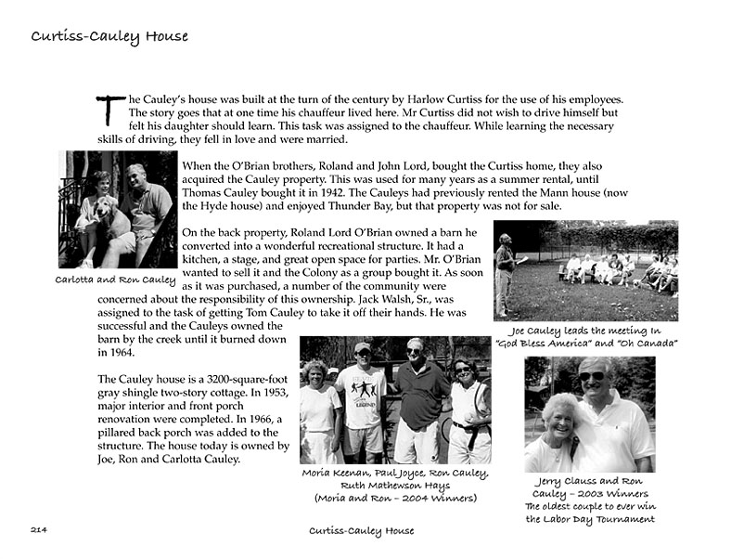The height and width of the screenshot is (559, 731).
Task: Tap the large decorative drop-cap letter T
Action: pyautogui.click(x=109, y=110)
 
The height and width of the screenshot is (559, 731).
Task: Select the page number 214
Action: pyautogui.click(x=39, y=529)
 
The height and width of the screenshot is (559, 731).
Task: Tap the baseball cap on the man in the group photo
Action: pyautogui.click(x=363, y=348)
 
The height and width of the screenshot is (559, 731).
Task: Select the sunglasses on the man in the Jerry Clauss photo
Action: pyautogui.click(x=591, y=376)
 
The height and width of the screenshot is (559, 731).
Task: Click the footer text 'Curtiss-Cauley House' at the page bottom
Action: pyautogui.click(x=361, y=530)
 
